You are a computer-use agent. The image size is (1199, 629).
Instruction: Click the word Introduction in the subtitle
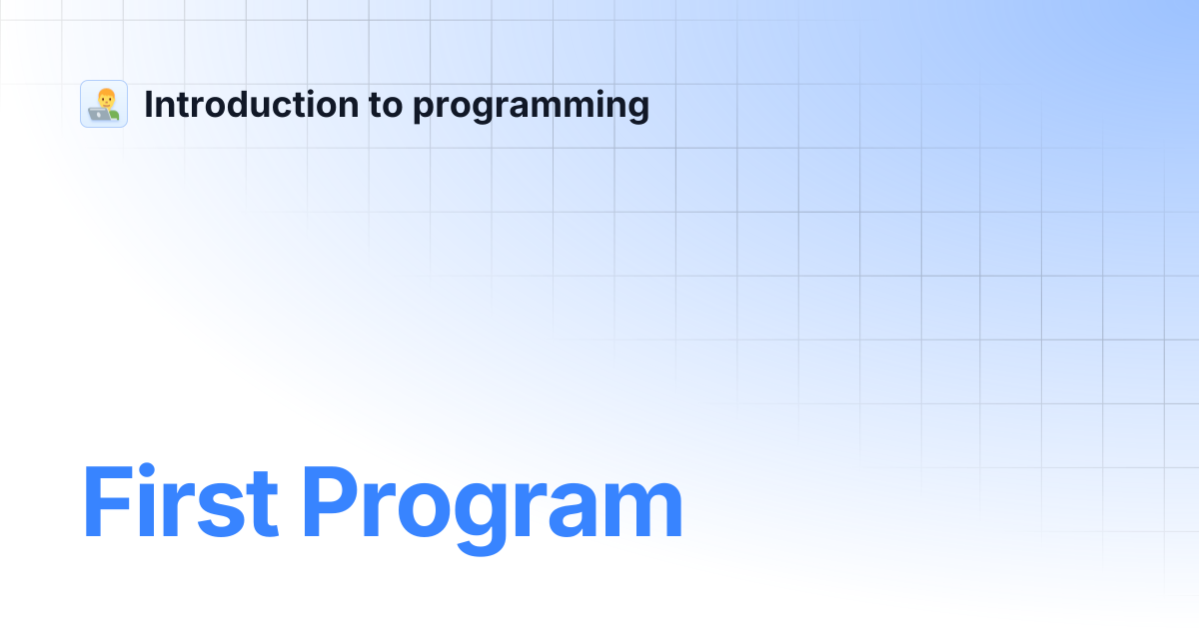[252, 104]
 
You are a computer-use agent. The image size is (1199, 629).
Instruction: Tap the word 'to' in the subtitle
[386, 105]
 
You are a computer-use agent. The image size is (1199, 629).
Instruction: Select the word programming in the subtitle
[531, 107]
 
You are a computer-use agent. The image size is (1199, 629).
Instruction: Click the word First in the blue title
[181, 501]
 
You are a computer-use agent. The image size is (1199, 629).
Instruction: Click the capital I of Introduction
[148, 104]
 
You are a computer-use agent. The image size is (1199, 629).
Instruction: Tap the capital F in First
[108, 501]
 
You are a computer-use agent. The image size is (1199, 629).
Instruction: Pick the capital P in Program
[328, 501]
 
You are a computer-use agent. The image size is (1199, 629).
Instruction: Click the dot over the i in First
[146, 470]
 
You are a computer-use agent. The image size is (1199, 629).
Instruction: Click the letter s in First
[221, 510]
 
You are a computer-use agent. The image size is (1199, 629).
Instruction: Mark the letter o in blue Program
[425, 510]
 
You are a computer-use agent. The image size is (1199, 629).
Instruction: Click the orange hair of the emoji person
[107, 93]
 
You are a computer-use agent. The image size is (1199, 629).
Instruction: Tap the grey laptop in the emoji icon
[100, 114]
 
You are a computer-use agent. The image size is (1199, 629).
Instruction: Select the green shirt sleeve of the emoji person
[114, 114]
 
